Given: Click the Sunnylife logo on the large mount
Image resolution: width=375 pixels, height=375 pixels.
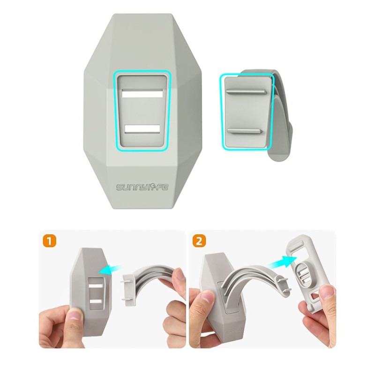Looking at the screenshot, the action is click(x=142, y=187).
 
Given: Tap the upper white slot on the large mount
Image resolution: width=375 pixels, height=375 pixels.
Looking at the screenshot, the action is click(x=142, y=93).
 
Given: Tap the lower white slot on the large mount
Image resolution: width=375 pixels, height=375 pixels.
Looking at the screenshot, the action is click(x=142, y=129).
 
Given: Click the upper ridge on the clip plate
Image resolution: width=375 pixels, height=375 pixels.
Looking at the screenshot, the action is click(x=247, y=91).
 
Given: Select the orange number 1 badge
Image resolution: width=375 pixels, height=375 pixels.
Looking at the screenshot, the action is click(x=50, y=241).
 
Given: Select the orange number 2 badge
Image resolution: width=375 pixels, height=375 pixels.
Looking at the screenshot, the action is click(x=199, y=241).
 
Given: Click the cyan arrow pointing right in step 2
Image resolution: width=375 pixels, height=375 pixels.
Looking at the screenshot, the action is click(x=283, y=262).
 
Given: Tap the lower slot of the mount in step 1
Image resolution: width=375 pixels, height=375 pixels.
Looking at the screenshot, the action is click(x=96, y=301).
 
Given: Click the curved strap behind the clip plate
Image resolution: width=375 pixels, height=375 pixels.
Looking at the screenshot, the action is click(x=282, y=115).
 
